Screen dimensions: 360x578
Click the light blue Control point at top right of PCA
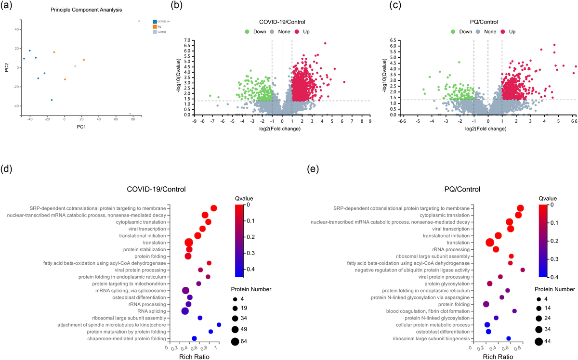(x=139, y=21)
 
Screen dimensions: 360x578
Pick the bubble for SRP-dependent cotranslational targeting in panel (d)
(x=213, y=208)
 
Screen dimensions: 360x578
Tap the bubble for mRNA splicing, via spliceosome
(x=185, y=290)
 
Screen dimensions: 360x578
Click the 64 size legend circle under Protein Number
(x=235, y=341)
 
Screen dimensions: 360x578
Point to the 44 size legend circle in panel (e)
(x=539, y=341)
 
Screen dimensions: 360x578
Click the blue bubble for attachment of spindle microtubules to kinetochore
(x=219, y=325)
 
